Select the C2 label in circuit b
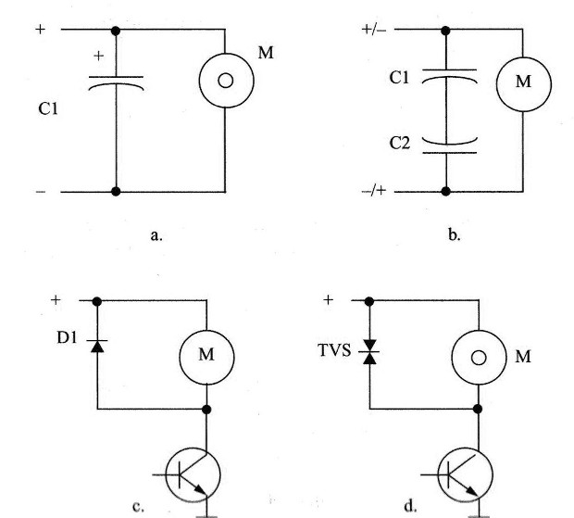399,144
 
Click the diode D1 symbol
97,346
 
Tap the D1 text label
67,337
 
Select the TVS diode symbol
369,352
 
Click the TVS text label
335,350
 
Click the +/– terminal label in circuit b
373,30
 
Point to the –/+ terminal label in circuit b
373,191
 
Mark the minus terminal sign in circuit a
41,192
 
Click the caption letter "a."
156,235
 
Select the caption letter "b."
455,234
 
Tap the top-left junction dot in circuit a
116,31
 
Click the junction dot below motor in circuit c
206,410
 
